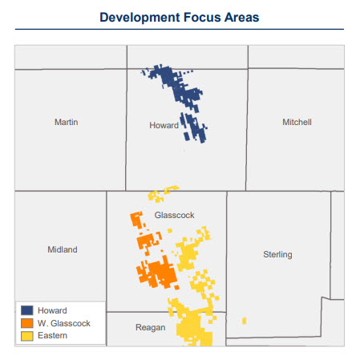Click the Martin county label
(66, 122)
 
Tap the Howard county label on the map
(164, 126)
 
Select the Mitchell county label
(297, 122)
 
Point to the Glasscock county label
(174, 215)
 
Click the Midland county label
(63, 249)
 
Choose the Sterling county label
(278, 254)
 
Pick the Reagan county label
(151, 327)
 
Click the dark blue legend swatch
(26, 310)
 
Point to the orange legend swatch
(26, 323)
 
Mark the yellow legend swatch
(26, 335)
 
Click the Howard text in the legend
(51, 310)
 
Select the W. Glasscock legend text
(64, 323)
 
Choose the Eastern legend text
(53, 335)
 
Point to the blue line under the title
(180, 30)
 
